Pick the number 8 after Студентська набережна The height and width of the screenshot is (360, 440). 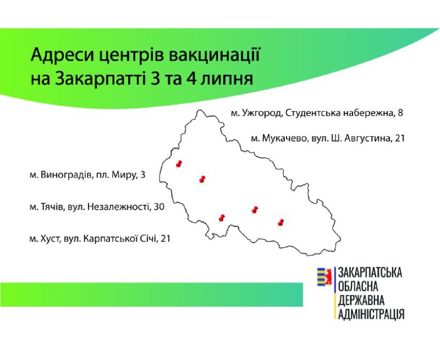click(400, 113)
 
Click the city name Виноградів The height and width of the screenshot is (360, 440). click(67, 175)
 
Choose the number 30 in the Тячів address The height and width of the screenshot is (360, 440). click(159, 207)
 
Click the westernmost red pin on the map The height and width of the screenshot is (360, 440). click(179, 164)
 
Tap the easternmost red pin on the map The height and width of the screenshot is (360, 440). click(281, 223)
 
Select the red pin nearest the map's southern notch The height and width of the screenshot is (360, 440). click(222, 218)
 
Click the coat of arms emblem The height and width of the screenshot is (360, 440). click(325, 277)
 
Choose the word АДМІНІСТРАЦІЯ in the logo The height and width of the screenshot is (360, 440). click(371, 314)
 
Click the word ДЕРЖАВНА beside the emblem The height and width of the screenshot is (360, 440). click(361, 300)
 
